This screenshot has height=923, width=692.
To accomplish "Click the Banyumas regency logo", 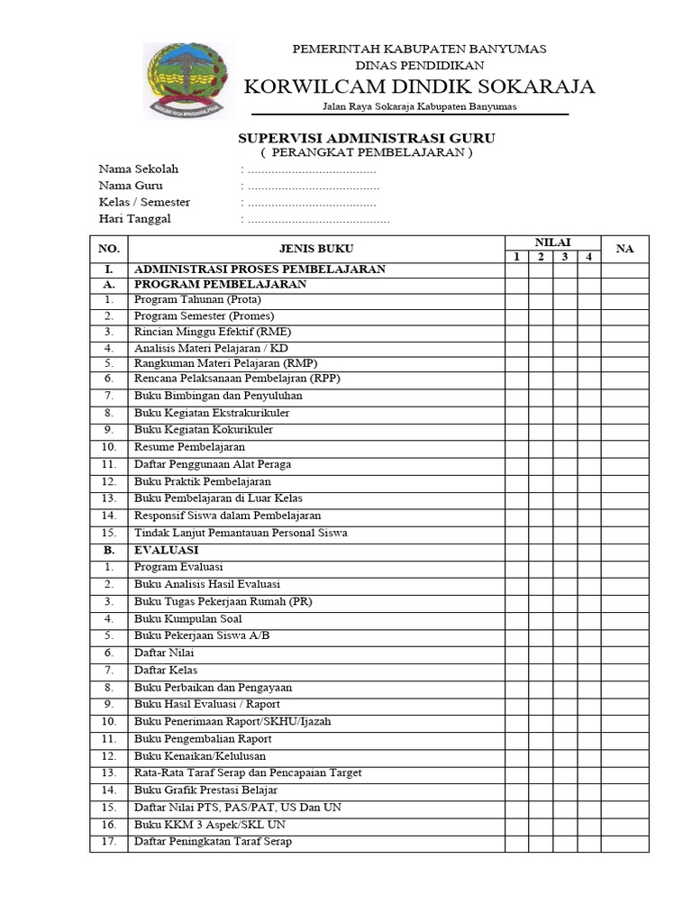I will [187, 80].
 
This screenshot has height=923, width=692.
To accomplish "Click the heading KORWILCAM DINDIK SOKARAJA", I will [420, 87].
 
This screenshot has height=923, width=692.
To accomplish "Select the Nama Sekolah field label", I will [139, 169].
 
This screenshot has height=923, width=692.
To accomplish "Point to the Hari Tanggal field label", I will [134, 218].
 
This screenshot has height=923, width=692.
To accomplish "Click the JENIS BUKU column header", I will [316, 249].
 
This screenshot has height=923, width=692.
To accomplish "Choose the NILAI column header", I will [552, 242].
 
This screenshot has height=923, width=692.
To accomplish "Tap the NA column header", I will [624, 249].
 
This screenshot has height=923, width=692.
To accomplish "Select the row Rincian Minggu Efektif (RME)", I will [206, 332].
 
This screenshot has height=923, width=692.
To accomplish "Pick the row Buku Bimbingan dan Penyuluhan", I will [218, 395].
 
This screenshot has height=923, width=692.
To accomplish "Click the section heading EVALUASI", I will [167, 549].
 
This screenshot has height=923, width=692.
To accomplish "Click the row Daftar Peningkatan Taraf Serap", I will [213, 842].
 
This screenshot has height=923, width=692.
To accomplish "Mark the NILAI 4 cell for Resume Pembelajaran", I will [589, 447].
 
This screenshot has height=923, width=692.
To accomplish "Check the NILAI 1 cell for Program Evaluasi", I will [516, 567].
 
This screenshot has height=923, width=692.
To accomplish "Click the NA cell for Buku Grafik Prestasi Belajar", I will [624, 790].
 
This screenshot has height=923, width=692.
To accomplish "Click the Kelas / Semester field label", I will [144, 202].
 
